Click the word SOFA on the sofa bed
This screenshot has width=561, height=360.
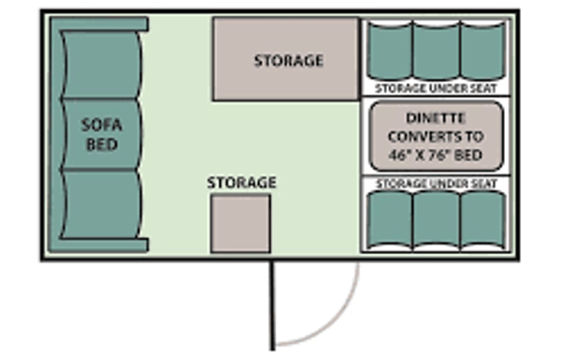click(x=102, y=125)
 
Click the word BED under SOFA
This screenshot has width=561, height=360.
click(x=102, y=144)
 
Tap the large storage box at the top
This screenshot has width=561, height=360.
click(x=285, y=59)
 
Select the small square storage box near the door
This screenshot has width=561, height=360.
click(x=240, y=223)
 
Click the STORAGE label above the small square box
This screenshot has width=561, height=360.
click(x=241, y=183)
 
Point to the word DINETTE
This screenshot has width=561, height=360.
click(x=435, y=119)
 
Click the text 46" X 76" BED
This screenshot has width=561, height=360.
click(x=435, y=156)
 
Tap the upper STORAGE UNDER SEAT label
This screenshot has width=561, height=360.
click(x=436, y=88)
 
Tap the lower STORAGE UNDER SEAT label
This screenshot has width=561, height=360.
click(x=436, y=184)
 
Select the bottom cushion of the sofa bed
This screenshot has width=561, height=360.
click(x=102, y=206)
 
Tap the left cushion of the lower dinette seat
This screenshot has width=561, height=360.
click(x=389, y=220)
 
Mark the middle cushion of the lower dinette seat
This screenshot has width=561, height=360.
click(x=436, y=220)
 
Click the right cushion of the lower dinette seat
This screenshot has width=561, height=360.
click(x=483, y=220)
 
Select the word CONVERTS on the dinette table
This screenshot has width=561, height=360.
click(x=435, y=137)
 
